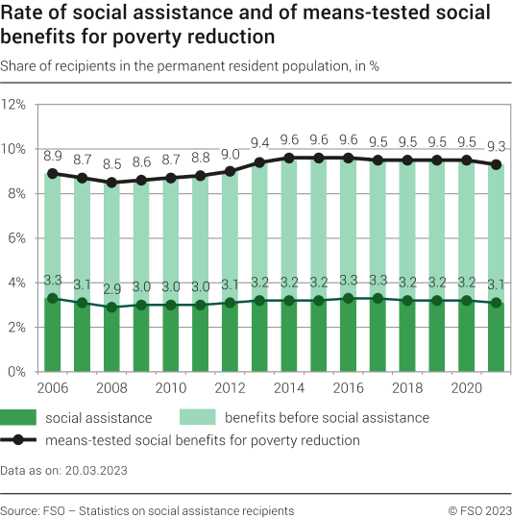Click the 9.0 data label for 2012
[231, 154]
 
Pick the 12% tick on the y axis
[14, 104]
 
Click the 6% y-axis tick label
[17, 237]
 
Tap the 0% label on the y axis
[17, 371]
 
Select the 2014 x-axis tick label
[289, 387]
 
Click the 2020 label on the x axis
[467, 387]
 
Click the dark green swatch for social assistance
[20, 417]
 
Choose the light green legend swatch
[196, 417]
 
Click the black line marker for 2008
[111, 183]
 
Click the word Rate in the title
[23, 14]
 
